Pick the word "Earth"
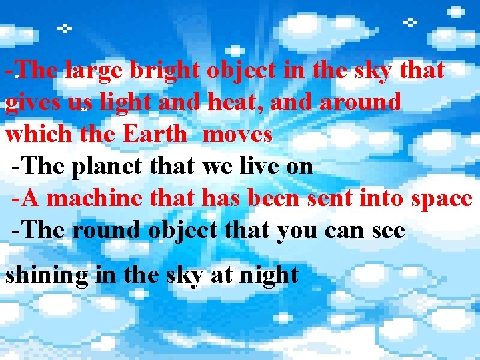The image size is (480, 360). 155,134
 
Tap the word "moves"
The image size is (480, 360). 237,134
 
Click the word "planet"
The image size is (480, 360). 106,166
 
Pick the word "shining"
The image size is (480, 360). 47,275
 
